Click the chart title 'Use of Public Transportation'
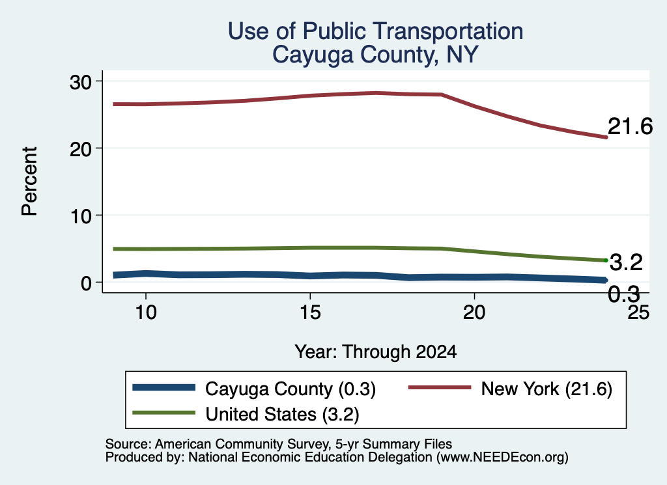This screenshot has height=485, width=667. click(x=375, y=31)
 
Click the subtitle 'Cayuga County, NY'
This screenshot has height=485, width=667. click(x=375, y=55)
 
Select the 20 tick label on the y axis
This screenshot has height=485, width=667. click(x=80, y=149)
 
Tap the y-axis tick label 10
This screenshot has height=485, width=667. click(x=80, y=216)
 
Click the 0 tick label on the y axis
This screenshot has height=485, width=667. click(x=86, y=283)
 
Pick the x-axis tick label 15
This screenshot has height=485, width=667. click(x=310, y=312)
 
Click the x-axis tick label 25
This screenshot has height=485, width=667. click(x=638, y=312)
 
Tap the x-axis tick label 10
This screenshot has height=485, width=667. click(x=146, y=312)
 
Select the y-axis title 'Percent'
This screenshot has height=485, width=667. click(x=29, y=182)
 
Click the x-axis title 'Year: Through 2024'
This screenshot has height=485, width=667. click(x=376, y=352)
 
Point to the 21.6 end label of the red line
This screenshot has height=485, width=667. click(x=630, y=127)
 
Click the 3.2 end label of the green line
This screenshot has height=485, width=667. click(x=626, y=263)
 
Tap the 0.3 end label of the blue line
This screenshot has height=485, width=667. click(x=623, y=294)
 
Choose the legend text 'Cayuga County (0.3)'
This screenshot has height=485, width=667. click(x=291, y=389)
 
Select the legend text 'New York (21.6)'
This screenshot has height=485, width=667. click(x=546, y=389)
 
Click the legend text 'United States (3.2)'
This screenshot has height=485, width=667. click(x=283, y=414)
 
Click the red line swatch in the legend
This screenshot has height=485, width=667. click(x=440, y=387)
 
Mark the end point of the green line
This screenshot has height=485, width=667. click(x=606, y=260)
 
